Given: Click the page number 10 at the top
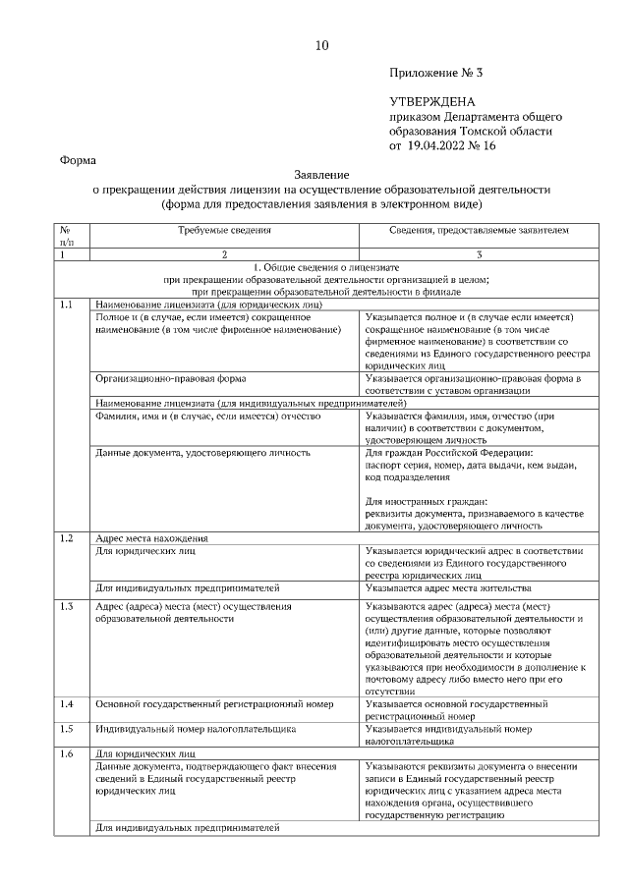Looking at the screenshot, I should pyautogui.click(x=322, y=45).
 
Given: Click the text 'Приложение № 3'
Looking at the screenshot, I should pyautogui.click(x=437, y=74).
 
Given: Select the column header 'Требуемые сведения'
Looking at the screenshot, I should pyautogui.click(x=224, y=230).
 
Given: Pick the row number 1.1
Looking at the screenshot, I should pyautogui.click(x=67, y=305).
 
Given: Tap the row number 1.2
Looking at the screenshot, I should pyautogui.click(x=67, y=538).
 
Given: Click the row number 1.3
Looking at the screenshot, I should pyautogui.click(x=67, y=606).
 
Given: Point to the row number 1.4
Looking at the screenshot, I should pyautogui.click(x=67, y=704).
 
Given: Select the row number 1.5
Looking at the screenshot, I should pyautogui.click(x=67, y=729).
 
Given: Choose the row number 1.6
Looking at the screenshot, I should pyautogui.click(x=67, y=753).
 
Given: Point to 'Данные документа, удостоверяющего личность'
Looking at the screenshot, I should pyautogui.click(x=202, y=453).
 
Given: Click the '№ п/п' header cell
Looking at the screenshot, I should pyautogui.click(x=67, y=235).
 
